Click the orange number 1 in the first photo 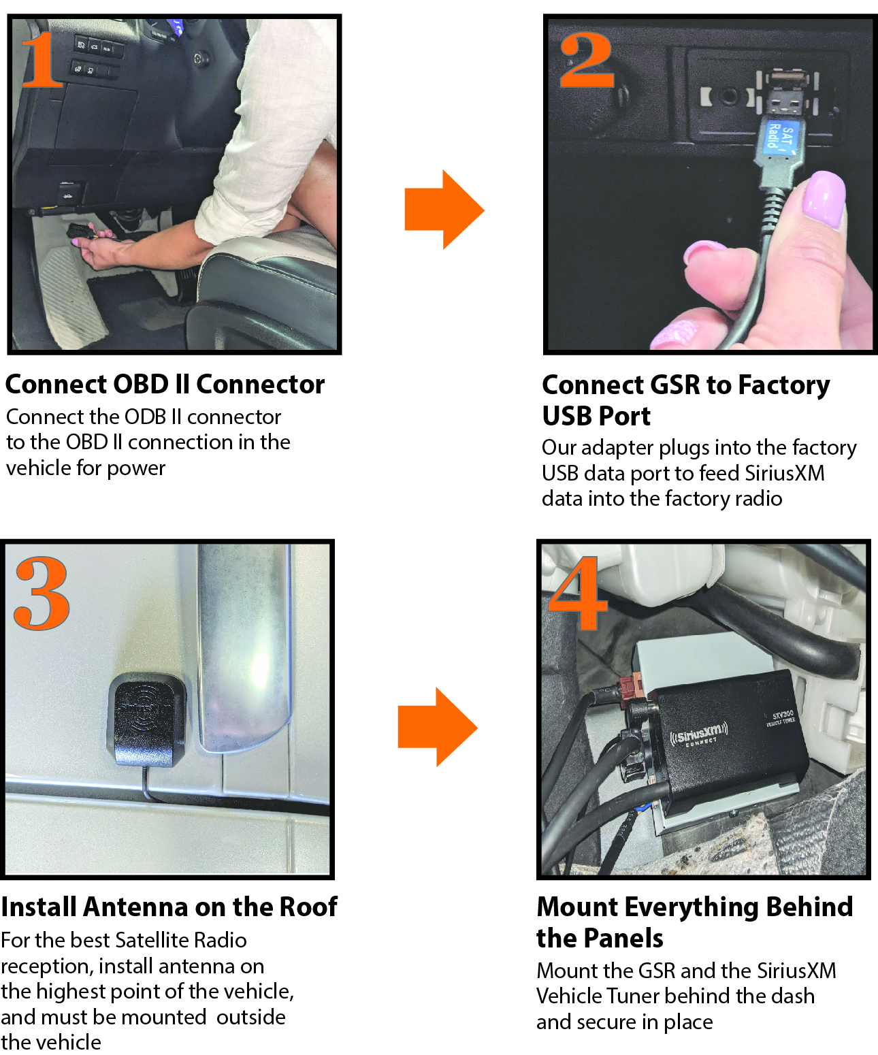point(42,59)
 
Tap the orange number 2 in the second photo point(587,61)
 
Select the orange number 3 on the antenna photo point(42,594)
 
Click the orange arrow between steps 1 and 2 point(444,209)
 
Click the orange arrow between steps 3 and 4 point(438,726)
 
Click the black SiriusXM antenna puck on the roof point(146,718)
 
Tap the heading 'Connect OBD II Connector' point(165,385)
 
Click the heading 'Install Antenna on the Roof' point(169,907)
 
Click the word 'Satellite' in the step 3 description point(151,940)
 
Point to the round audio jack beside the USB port point(729,95)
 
